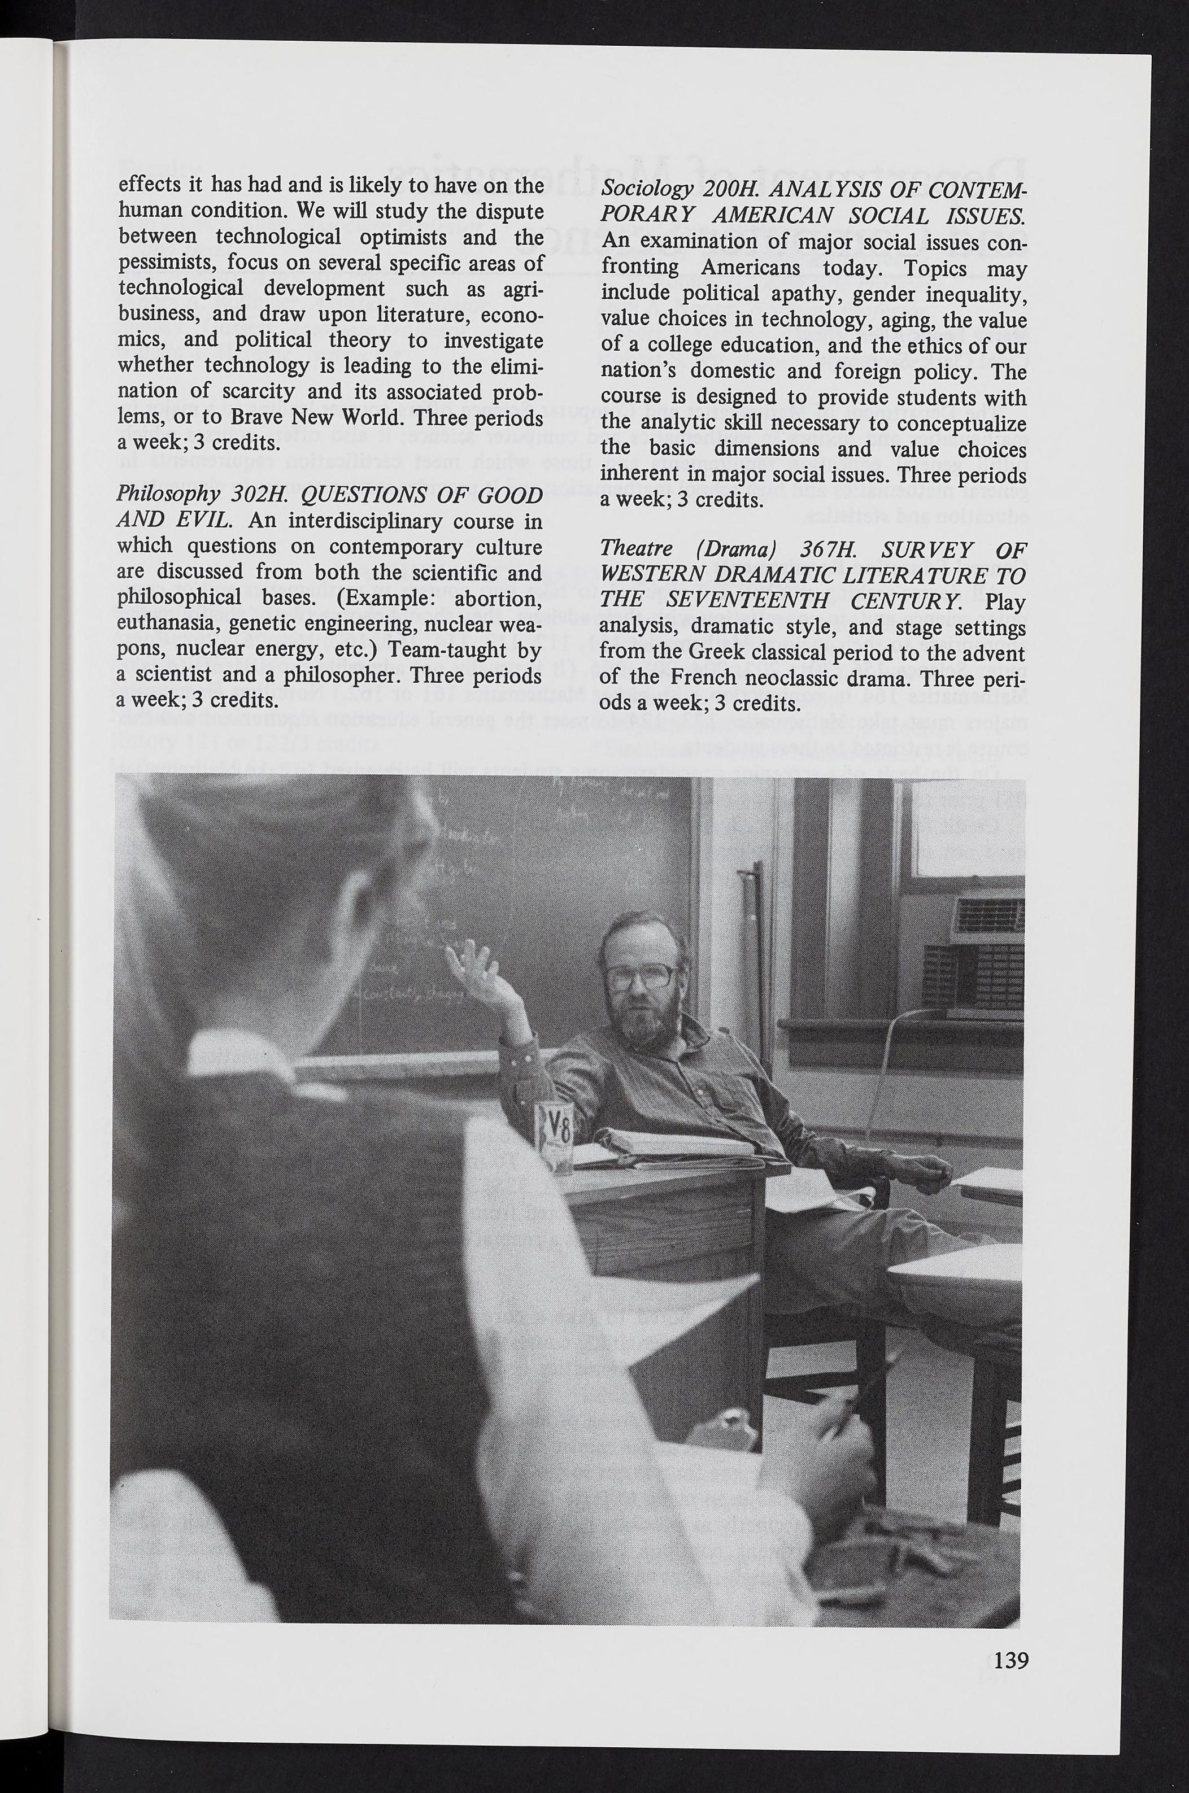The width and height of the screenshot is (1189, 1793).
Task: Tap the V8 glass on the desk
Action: [x=554, y=1137]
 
